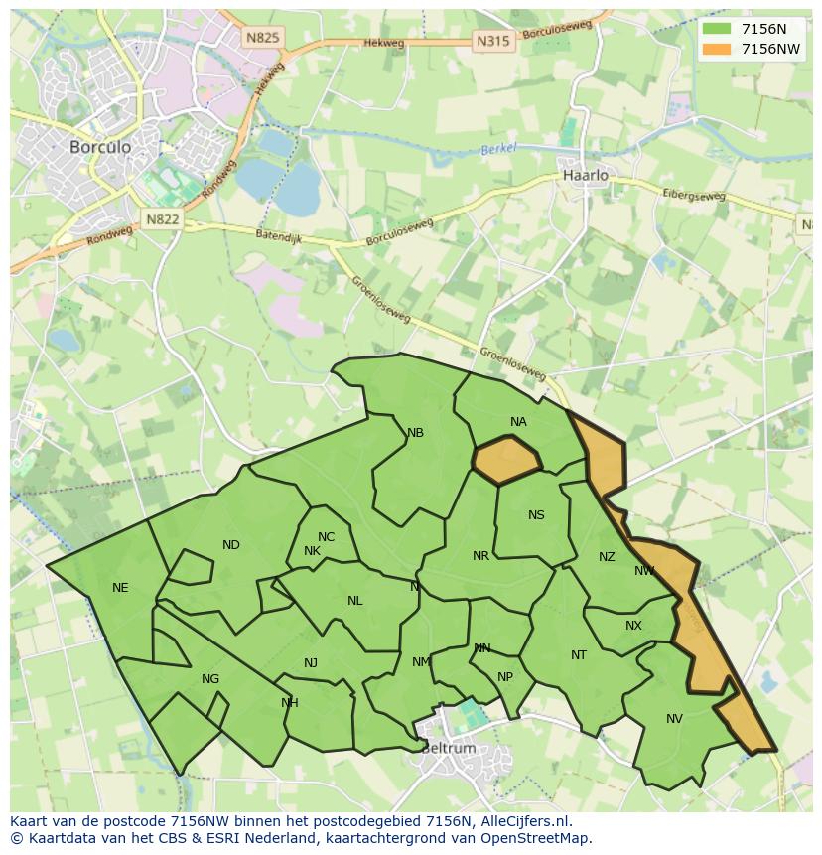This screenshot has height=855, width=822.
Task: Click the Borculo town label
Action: (x=100, y=146)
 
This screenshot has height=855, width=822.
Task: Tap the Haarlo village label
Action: (x=585, y=175)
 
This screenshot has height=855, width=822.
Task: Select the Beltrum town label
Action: (x=449, y=748)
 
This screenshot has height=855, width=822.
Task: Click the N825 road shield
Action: (x=263, y=38)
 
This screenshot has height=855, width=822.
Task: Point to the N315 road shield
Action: (x=493, y=41)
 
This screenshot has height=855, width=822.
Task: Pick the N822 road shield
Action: (x=161, y=219)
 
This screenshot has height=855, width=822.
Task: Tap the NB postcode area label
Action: (x=415, y=433)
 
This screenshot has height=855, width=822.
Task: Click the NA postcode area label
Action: (x=518, y=422)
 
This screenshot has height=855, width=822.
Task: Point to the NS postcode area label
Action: (x=536, y=514)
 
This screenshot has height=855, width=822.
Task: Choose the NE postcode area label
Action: (x=120, y=588)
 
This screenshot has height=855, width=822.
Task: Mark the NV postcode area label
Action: (x=674, y=719)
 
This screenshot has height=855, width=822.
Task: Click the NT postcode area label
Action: (x=579, y=655)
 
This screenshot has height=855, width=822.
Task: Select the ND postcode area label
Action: (x=231, y=545)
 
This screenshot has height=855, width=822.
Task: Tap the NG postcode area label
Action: (x=210, y=679)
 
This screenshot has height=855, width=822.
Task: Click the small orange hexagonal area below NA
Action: (x=506, y=460)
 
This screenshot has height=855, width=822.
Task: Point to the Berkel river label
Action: (x=499, y=150)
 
